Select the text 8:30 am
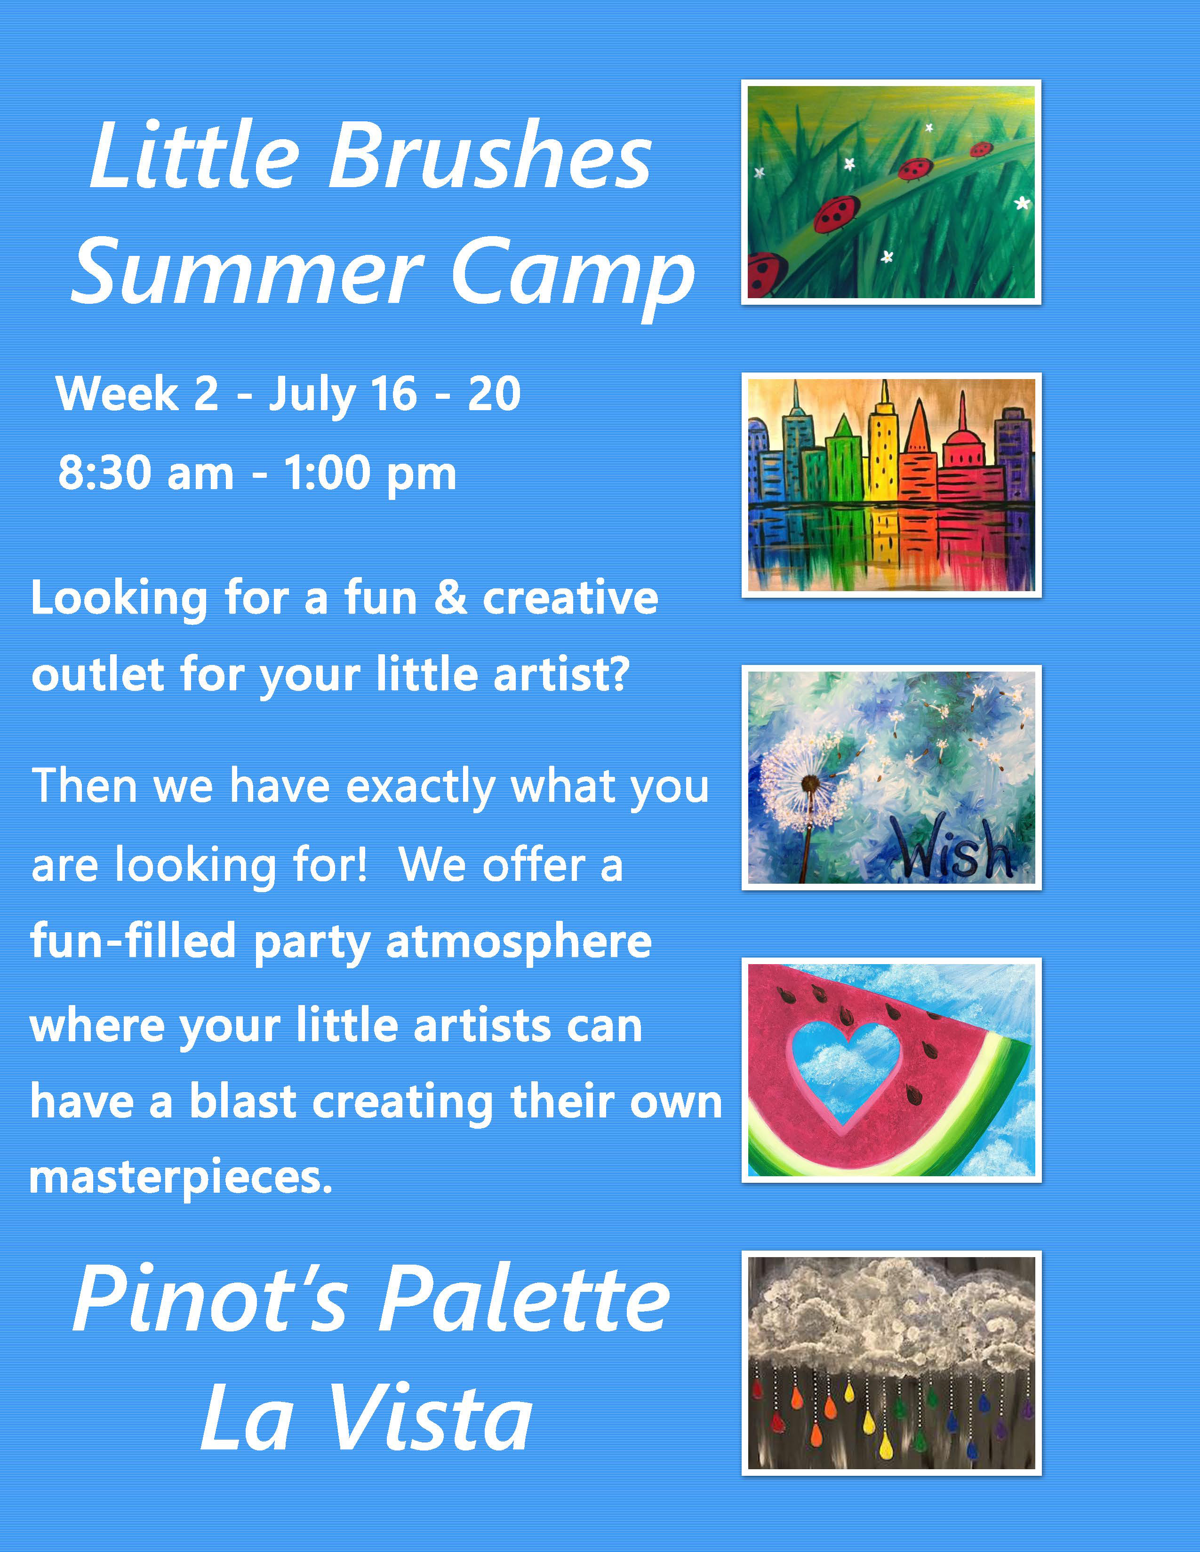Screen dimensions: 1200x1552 coord(146,473)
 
